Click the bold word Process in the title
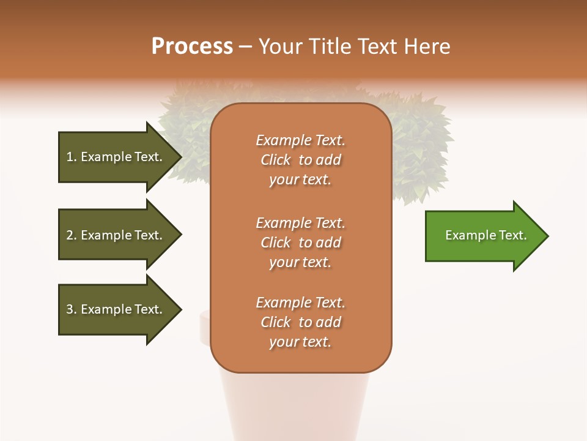[192, 47]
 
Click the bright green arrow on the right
[483, 236]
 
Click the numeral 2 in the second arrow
[70, 235]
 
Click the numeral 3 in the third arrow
[70, 309]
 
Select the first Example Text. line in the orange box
[300, 140]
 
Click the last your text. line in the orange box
[300, 342]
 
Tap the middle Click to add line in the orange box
[300, 243]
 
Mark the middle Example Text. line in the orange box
[300, 223]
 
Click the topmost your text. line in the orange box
[300, 180]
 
